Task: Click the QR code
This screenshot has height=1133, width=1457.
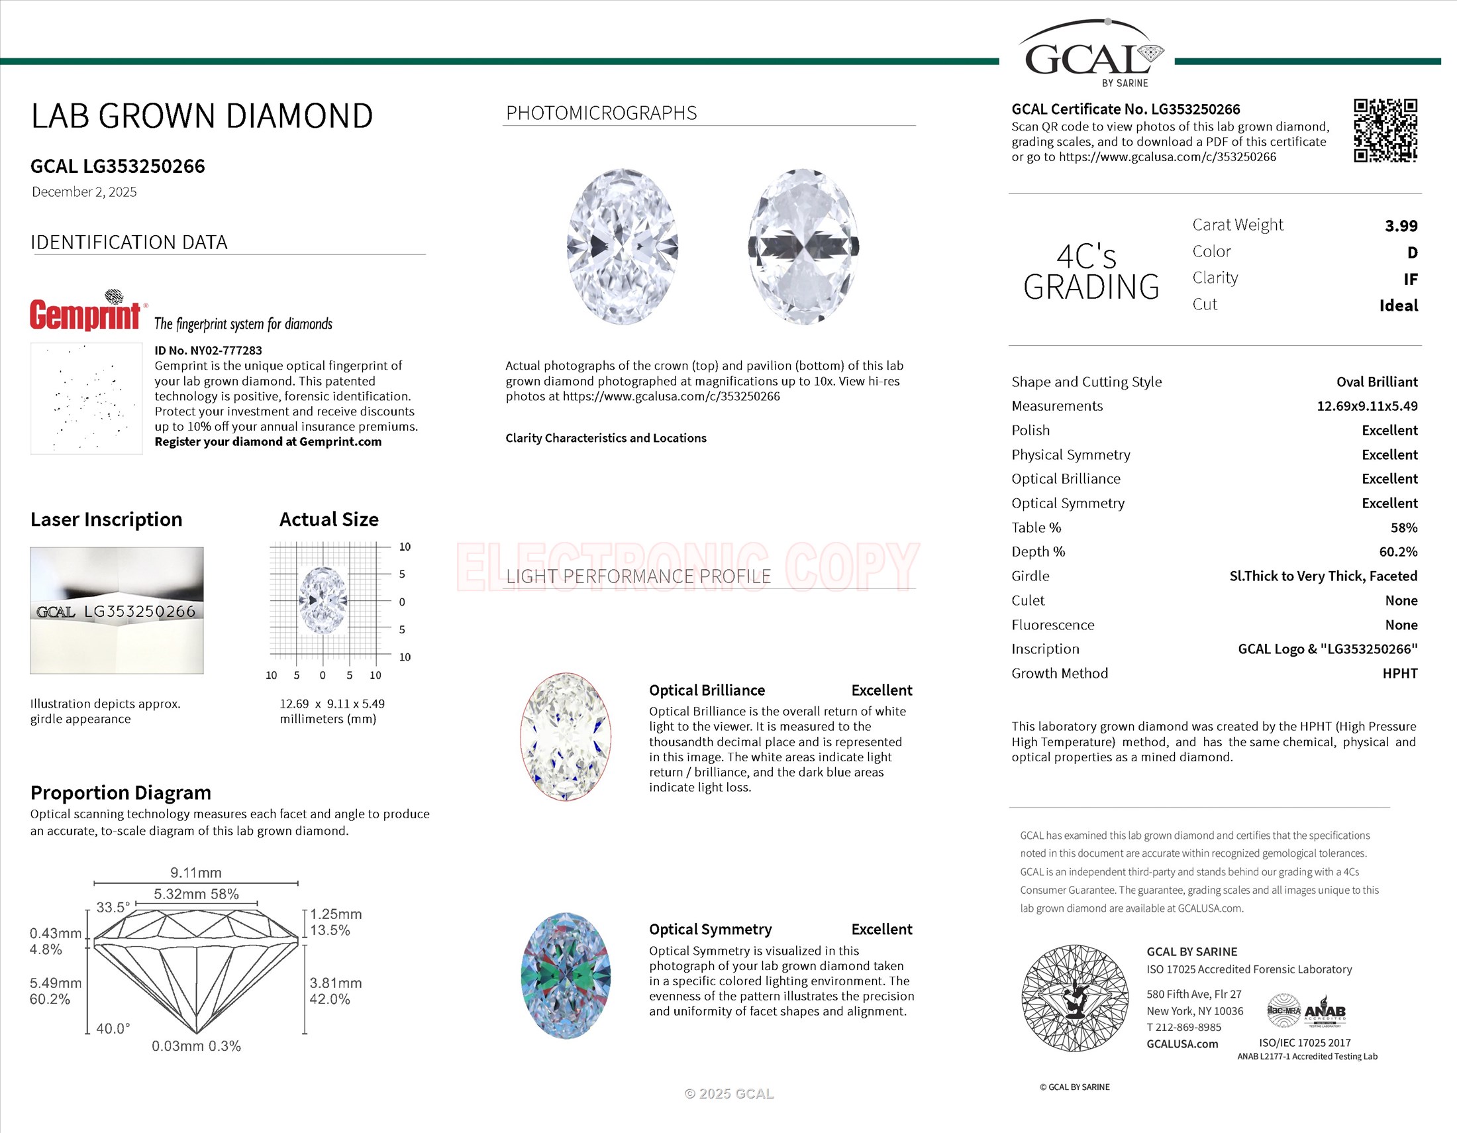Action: (1385, 131)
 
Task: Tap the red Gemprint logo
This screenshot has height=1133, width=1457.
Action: (85, 313)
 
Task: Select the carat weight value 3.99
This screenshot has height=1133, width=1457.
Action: (1401, 226)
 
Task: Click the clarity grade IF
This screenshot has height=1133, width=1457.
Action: (1409, 280)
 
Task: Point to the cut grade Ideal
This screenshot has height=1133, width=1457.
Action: (1398, 305)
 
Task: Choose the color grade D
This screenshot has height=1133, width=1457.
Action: (1412, 253)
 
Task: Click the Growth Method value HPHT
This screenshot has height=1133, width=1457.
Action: (1399, 673)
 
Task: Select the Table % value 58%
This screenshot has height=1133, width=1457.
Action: (1403, 528)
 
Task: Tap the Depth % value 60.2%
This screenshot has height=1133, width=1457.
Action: (1397, 552)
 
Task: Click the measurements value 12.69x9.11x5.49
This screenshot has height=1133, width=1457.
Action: (1366, 406)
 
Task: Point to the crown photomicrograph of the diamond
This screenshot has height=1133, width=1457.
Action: (623, 247)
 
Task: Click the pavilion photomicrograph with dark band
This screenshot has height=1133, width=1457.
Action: (803, 247)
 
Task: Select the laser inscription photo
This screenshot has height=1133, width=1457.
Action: (117, 610)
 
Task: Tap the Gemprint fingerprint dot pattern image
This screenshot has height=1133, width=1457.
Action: (86, 398)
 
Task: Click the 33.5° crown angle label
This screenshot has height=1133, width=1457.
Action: (112, 908)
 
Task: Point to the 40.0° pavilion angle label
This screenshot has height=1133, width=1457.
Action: (113, 1029)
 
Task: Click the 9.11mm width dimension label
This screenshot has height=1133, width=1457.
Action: (195, 873)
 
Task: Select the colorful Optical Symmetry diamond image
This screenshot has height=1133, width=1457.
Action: (565, 975)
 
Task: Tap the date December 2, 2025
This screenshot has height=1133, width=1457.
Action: (84, 192)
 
